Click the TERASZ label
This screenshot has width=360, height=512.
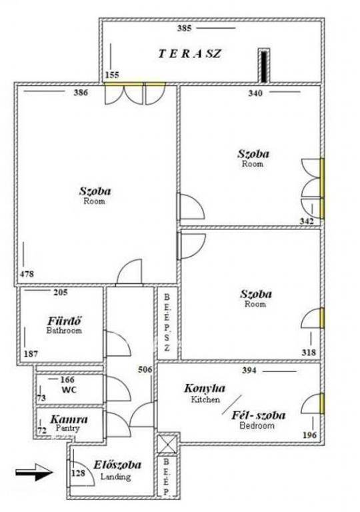[190, 53]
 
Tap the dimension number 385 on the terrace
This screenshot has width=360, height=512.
[184, 28]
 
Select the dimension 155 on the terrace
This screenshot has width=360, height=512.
[112, 75]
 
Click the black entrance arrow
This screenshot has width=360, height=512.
[34, 472]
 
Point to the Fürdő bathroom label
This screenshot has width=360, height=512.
[65, 321]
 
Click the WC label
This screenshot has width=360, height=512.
[69, 389]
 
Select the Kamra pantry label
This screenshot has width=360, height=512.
[69, 419]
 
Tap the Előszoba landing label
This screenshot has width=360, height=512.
[117, 464]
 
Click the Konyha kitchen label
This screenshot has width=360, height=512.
[205, 388]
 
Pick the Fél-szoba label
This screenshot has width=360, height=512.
[259, 415]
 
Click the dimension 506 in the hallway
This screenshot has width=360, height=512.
[145, 369]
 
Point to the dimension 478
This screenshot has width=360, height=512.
[27, 273]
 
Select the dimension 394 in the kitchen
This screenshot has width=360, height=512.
[249, 370]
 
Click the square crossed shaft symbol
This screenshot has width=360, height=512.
[167, 445]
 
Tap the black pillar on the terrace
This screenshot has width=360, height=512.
[264, 67]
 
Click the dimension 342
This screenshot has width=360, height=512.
[307, 221]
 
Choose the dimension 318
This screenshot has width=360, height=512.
[309, 352]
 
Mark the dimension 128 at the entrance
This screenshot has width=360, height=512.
[79, 473]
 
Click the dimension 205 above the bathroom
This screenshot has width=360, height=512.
[61, 292]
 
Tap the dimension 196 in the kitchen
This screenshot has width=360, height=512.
[309, 435]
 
